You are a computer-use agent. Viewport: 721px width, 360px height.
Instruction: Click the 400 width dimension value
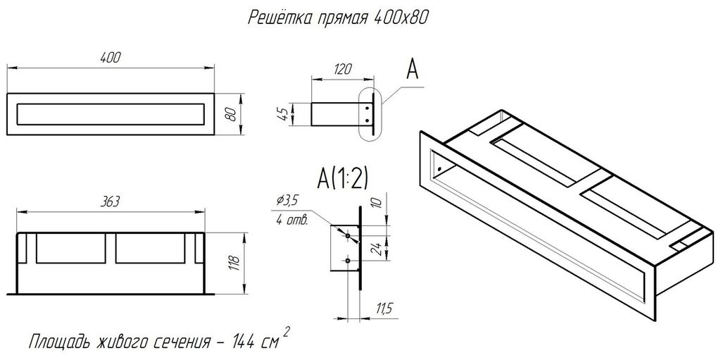(x=110, y=58)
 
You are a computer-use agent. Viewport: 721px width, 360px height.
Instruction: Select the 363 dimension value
(x=110, y=201)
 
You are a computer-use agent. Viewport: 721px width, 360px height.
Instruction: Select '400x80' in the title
(x=401, y=18)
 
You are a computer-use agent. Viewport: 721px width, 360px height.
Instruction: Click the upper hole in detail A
(x=348, y=236)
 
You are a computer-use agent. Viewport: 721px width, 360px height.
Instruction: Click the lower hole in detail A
(x=348, y=261)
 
